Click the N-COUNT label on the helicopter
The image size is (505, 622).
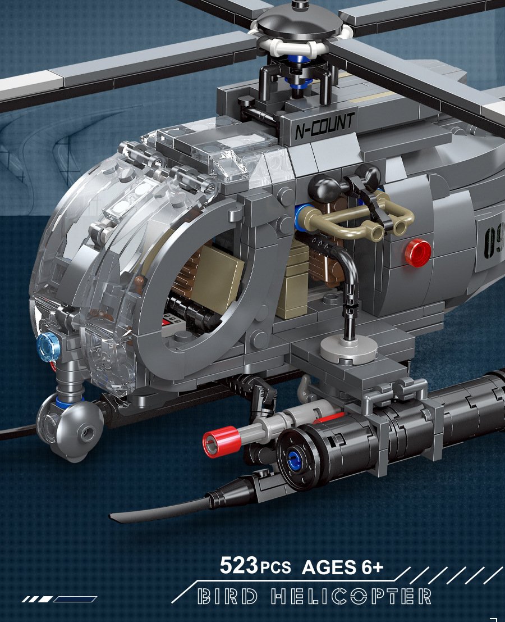click(325, 126)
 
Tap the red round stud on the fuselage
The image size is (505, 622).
click(419, 252)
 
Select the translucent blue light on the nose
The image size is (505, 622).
click(48, 347)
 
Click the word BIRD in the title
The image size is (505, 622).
click(227, 596)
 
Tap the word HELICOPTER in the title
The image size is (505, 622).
click(351, 596)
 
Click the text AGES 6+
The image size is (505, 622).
click(342, 566)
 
